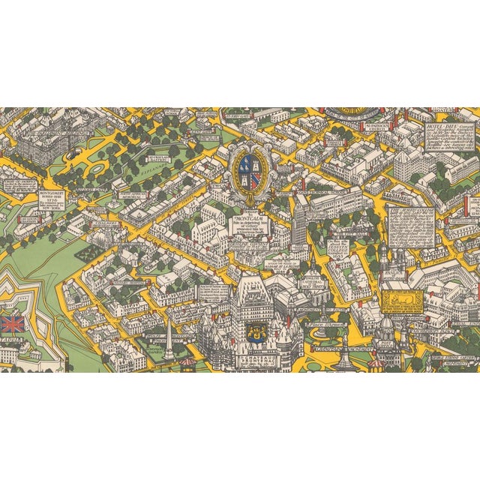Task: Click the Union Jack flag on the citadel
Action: (12, 324)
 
